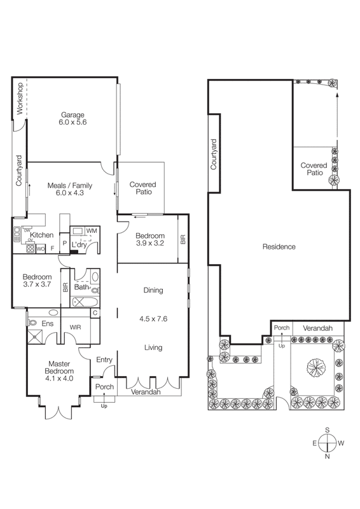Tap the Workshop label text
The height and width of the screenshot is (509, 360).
pos(20,99)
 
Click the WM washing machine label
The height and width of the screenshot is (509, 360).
pos(92,231)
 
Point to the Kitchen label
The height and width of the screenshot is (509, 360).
pos(41,235)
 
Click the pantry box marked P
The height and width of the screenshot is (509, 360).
pos(65,243)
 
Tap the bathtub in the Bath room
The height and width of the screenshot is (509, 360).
pos(85,302)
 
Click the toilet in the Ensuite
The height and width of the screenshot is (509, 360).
pos(32,323)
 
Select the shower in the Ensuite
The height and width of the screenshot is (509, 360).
pos(35,337)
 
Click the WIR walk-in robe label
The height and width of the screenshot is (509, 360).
pos(75,327)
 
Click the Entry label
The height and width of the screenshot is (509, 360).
pos(104,359)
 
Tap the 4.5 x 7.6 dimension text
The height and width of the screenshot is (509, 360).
pos(153,319)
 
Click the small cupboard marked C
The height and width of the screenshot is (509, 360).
pos(95,313)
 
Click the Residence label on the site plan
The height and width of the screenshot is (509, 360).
pos(279,247)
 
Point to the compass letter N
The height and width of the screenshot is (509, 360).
pos(327,456)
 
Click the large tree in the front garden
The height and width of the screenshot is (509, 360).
pos(316,366)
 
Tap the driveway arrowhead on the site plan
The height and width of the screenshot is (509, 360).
pos(337,95)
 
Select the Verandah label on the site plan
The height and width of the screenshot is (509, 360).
pos(317,328)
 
